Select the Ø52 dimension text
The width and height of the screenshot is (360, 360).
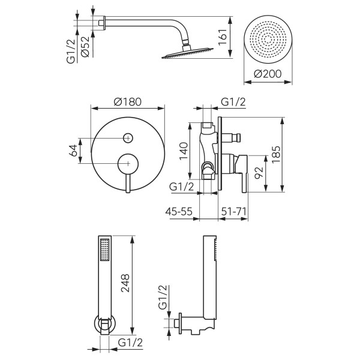85,47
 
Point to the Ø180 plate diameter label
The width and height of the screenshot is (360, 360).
127,101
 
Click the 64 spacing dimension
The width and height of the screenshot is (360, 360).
73,150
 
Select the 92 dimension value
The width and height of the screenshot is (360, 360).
259,174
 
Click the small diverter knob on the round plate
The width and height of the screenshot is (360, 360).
127,139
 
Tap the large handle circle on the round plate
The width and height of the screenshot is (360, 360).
127,163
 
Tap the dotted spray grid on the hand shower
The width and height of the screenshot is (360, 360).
106,250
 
